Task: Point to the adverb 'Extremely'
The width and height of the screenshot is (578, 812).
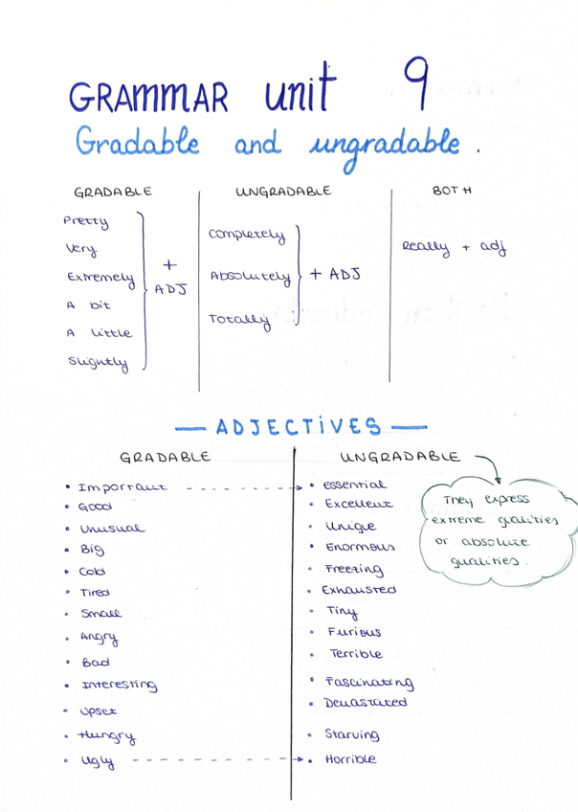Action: (100, 279)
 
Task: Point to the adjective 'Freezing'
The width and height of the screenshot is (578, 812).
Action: (353, 569)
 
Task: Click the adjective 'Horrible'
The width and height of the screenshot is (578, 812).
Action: (350, 759)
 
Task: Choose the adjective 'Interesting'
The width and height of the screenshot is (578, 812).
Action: (120, 685)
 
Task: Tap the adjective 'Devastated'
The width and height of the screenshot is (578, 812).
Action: (366, 703)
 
